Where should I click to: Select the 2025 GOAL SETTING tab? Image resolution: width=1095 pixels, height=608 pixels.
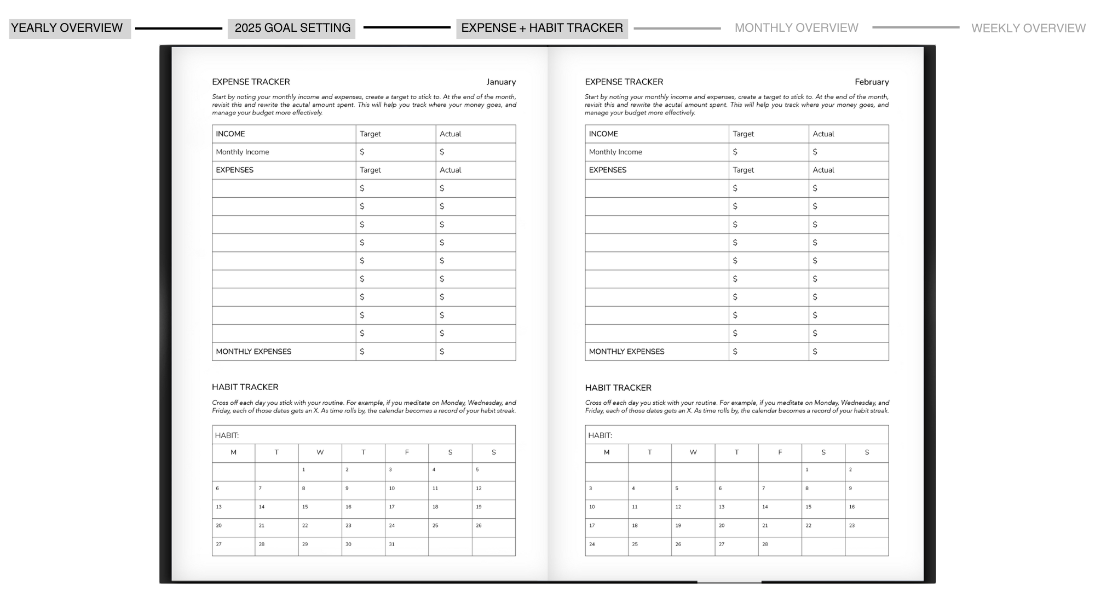291,28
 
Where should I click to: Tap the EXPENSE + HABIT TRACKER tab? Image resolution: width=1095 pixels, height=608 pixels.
542,28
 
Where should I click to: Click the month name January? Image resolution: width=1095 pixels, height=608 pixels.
501,82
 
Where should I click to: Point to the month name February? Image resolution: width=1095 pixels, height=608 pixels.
872,82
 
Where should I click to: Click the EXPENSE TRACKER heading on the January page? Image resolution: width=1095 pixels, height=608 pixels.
251,82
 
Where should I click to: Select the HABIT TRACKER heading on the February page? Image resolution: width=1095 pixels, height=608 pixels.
618,388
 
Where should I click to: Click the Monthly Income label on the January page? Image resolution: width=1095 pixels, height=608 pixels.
242,152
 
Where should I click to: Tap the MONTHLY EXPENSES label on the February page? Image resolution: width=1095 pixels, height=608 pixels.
626,352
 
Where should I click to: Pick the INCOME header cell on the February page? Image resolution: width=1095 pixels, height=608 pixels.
603,134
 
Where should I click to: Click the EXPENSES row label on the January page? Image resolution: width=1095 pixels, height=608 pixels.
234,170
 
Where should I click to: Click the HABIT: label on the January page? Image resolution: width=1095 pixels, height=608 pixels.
227,435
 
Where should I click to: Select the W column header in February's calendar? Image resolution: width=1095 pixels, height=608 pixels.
693,452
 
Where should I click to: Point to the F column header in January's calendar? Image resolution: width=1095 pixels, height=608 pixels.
407,452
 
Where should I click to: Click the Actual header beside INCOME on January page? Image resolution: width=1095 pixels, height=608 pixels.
450,134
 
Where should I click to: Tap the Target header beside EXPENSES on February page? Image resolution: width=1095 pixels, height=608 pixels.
743,170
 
